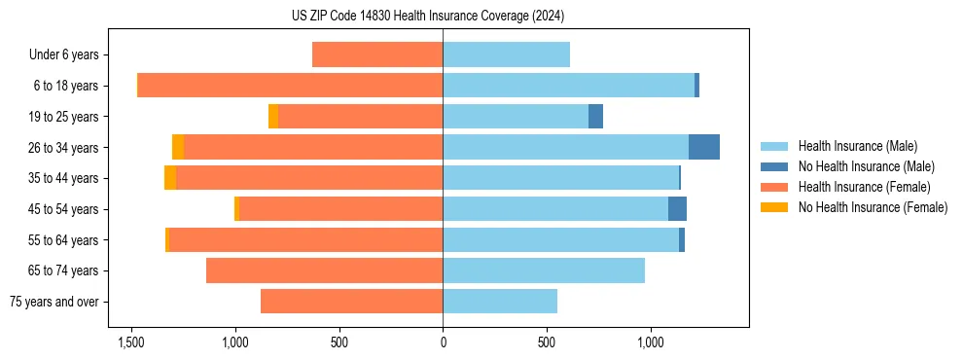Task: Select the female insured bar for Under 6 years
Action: pos(377,54)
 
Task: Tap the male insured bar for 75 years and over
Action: pos(500,302)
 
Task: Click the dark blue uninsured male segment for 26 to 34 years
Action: pos(704,147)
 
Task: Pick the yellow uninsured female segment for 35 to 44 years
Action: pos(170,178)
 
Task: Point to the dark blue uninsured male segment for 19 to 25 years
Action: pos(596,117)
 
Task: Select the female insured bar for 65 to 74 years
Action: pos(324,270)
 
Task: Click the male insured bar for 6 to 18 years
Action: pos(568,86)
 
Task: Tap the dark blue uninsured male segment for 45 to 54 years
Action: pos(677,209)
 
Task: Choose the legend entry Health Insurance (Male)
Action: pos(856,146)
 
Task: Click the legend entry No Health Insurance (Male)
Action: pos(866,166)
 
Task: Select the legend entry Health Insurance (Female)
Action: pos(864,187)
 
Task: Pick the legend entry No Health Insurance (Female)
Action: pos(873,207)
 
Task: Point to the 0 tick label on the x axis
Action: pos(443,342)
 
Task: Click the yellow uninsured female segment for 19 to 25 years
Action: pos(273,117)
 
